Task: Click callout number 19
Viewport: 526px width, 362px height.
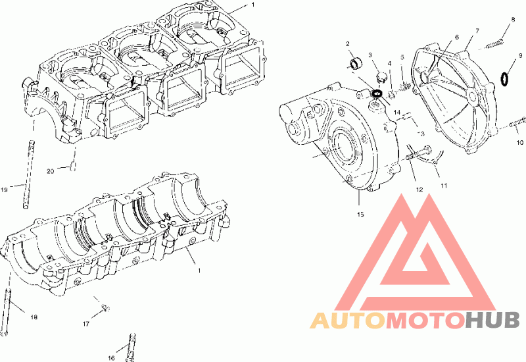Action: click(4, 190)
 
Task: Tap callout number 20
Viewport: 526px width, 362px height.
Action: click(51, 172)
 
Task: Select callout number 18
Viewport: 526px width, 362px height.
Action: click(34, 317)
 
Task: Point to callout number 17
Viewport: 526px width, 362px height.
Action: click(86, 324)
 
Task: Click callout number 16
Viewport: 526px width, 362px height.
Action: click(111, 358)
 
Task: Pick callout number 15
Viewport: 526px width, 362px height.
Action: click(360, 215)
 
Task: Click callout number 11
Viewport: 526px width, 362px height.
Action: click(444, 186)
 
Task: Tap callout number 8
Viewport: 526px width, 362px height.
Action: click(513, 20)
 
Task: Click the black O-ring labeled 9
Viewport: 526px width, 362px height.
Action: click(504, 78)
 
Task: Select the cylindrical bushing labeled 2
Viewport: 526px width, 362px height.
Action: click(356, 63)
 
